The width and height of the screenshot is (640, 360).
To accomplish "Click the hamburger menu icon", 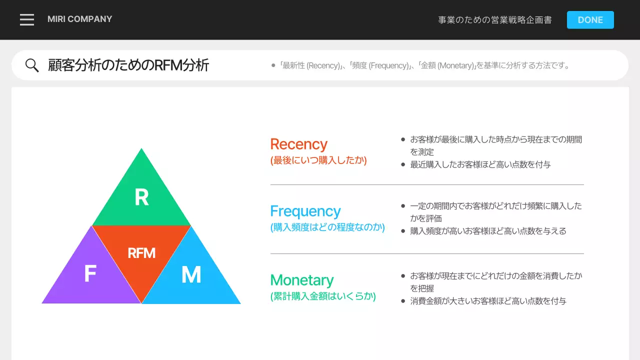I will pyautogui.click(x=27, y=19).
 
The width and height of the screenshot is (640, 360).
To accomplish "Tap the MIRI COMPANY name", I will pyautogui.click(x=79, y=19).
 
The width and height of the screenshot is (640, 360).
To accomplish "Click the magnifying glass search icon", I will pyautogui.click(x=32, y=65).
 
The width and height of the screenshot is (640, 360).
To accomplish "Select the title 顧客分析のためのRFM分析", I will pyautogui.click(x=128, y=65).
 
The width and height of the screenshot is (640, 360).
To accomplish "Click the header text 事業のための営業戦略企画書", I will pyautogui.click(x=495, y=20).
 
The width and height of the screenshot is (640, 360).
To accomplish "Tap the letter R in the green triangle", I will pyautogui.click(x=141, y=198).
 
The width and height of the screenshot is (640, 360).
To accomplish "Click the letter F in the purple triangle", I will pyautogui.click(x=90, y=274).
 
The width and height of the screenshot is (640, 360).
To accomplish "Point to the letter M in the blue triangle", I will pyautogui.click(x=191, y=275).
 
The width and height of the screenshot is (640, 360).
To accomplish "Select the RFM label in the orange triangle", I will pyautogui.click(x=141, y=253).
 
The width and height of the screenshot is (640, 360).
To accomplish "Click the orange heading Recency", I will pyautogui.click(x=298, y=144).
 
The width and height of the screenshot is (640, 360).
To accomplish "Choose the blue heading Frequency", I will pyautogui.click(x=305, y=211).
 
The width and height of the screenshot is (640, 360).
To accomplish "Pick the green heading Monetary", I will pyautogui.click(x=301, y=280).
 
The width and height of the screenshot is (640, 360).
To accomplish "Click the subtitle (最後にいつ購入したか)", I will pyautogui.click(x=318, y=160).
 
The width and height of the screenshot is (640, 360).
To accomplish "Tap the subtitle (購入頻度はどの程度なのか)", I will pyautogui.click(x=327, y=227).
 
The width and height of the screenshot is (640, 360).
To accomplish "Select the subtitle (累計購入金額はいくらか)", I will pyautogui.click(x=323, y=296).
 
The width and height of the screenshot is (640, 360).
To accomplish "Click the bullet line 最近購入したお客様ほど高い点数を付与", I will pyautogui.click(x=480, y=164).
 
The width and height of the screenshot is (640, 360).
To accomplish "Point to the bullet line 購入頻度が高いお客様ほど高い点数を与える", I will pyautogui.click(x=488, y=231).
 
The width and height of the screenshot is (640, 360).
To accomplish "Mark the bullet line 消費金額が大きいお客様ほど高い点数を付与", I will pyautogui.click(x=488, y=301).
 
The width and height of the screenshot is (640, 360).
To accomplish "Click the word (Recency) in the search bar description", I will pyautogui.click(x=323, y=65).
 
